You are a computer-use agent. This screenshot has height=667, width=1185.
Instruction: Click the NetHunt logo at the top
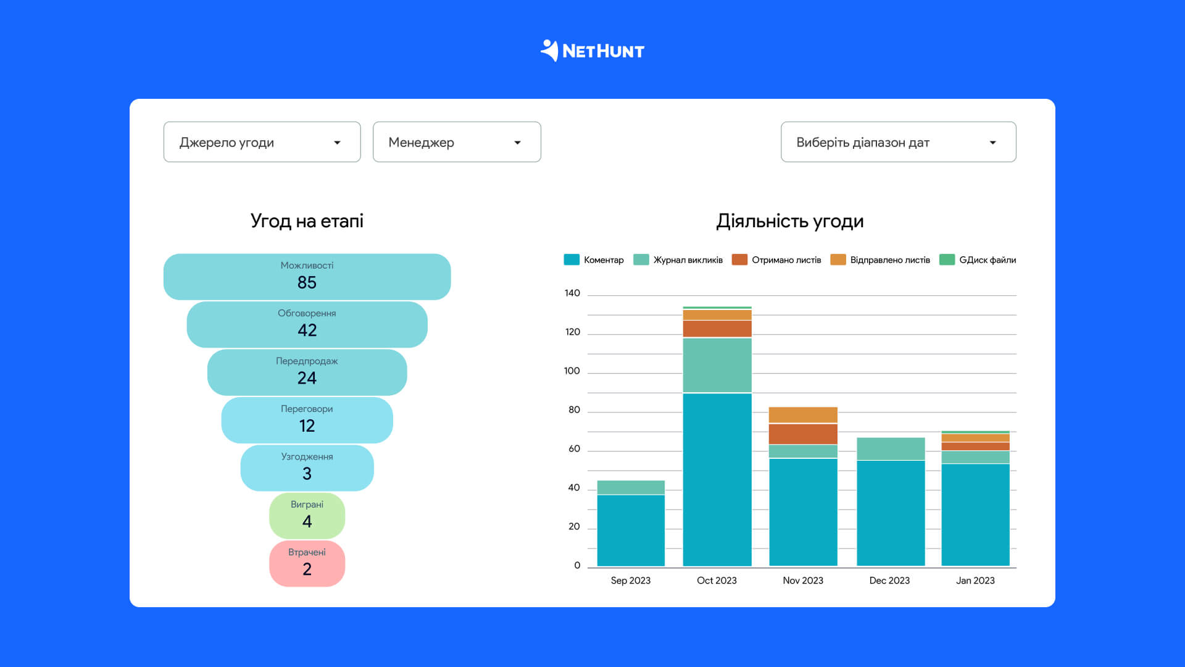pos(592,51)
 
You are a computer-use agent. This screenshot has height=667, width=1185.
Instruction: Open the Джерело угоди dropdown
pos(262,142)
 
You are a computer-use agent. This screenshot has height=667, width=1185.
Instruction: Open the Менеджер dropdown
pos(457,142)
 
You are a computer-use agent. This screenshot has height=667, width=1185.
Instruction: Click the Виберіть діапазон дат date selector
pos(899,142)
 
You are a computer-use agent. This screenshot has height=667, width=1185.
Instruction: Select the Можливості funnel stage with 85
pos(307,277)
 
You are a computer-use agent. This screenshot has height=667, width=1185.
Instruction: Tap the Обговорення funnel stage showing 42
pos(307,324)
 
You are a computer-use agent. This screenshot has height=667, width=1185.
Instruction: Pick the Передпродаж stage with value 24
pos(307,372)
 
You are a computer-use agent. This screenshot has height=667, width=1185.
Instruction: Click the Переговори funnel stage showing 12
pos(307,420)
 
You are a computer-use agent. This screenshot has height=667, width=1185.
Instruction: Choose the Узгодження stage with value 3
pos(307,468)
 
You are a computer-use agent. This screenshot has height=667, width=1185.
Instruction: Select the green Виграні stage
pos(307,516)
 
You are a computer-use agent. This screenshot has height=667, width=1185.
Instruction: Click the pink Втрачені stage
pos(307,564)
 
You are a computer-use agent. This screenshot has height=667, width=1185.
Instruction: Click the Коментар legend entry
pos(594,260)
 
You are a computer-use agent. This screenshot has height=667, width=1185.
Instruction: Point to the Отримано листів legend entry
pos(776,260)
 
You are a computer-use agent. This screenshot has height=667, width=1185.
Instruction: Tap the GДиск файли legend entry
pos(978,260)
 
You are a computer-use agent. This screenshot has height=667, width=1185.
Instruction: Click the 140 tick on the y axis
pos(572,293)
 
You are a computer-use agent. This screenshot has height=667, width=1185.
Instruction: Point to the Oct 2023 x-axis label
pos(717,581)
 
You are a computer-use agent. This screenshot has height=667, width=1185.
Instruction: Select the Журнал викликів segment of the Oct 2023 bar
pos(717,366)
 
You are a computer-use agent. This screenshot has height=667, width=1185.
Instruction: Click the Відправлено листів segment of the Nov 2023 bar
pos(803,415)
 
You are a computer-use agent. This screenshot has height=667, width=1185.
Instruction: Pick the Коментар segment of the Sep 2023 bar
pos(631,531)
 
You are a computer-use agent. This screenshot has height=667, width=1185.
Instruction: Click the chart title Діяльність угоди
pos(790,221)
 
